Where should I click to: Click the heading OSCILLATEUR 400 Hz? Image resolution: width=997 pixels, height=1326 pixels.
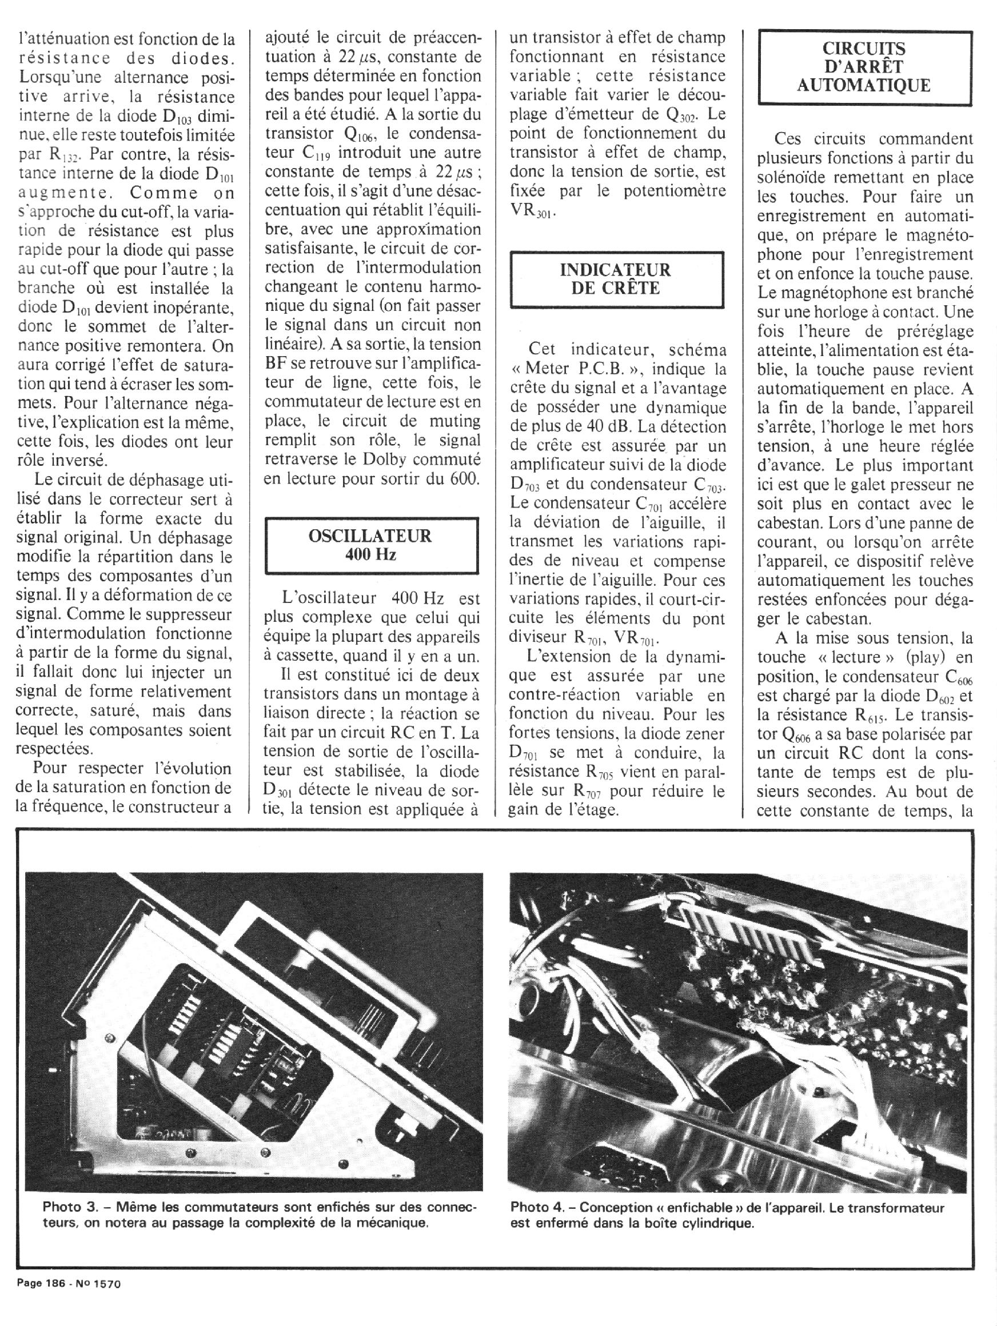pos(370,544)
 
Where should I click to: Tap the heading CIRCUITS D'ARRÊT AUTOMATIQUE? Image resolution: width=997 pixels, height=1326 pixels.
pos(863,66)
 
